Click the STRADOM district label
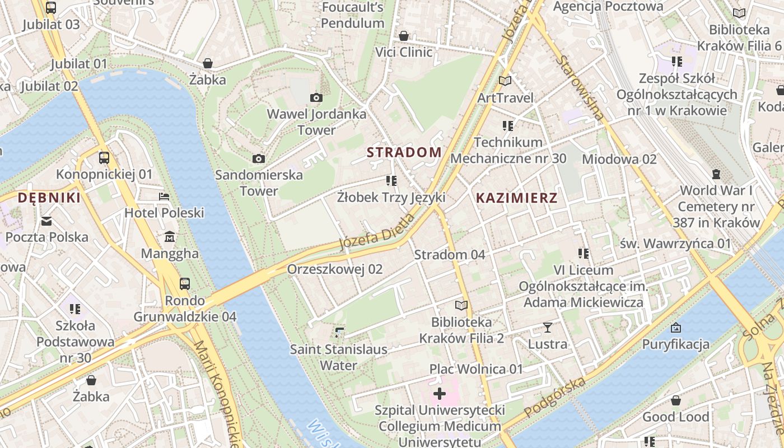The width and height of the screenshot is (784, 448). point(404,152)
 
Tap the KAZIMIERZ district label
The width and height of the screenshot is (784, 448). point(516,198)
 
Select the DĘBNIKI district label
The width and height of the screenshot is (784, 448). point(49,198)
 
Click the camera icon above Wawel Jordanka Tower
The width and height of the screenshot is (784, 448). point(316,98)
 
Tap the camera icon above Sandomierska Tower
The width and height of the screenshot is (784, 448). point(258,158)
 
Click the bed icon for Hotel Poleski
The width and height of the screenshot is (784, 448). point(164,197)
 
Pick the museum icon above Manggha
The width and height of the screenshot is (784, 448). point(169,237)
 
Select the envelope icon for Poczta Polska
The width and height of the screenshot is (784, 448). point(46,221)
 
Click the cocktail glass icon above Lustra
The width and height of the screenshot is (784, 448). point(548,328)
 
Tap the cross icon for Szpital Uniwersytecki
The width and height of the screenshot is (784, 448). point(440,394)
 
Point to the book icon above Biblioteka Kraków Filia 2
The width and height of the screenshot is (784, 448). point(461,305)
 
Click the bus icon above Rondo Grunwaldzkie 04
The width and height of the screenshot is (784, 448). point(185,284)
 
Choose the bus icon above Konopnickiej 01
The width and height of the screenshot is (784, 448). point(104,158)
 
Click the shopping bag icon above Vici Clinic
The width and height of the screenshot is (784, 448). point(404,36)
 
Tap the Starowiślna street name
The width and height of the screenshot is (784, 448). point(581,88)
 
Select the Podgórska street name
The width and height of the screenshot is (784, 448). point(555,398)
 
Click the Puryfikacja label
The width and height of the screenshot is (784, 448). point(675,344)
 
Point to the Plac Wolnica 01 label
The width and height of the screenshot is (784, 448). point(476,369)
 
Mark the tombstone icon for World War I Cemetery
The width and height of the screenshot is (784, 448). point(716,174)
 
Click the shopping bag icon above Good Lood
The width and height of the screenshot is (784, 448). point(676,400)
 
